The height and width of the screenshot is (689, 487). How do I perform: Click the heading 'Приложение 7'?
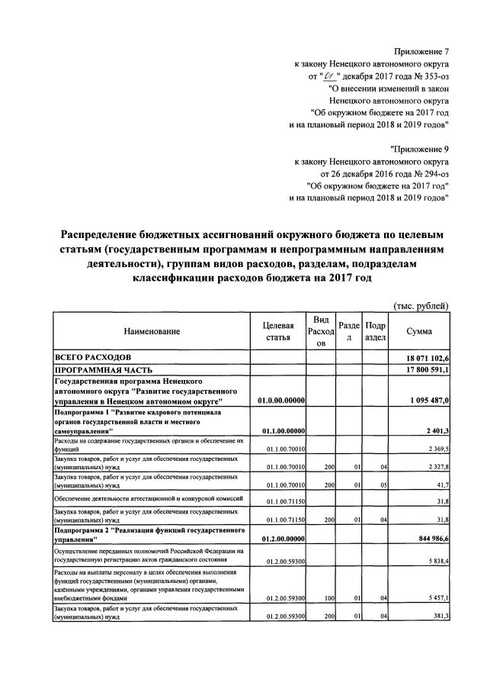421,51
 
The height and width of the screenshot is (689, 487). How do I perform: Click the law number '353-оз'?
431,78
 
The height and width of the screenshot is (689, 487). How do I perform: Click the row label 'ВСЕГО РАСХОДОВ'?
92,357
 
